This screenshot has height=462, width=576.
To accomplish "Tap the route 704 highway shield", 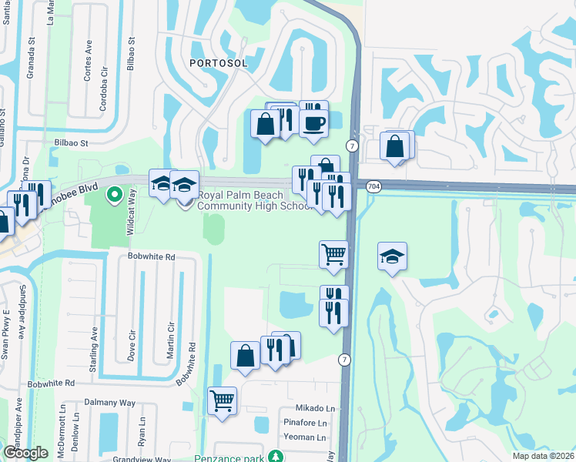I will point(373,186).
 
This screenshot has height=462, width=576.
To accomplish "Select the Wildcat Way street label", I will point(132,207).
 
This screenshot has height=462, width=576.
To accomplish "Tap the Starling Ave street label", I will point(96,343).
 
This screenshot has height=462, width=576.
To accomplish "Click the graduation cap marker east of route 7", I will point(392,257).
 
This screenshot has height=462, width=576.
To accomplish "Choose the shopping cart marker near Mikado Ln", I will point(222,400).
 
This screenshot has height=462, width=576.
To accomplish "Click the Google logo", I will point(25,454).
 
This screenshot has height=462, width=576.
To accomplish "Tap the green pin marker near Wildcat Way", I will point(115,195).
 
